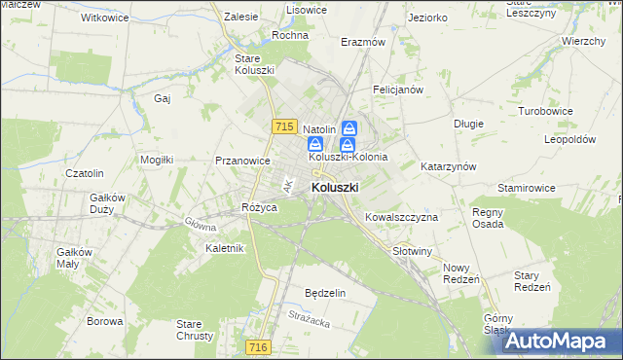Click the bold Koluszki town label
pyautogui.click(x=335, y=187)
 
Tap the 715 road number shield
pyautogui.click(x=284, y=126)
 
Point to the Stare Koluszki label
pyautogui.click(x=255, y=64)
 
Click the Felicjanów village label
pyautogui.click(x=398, y=90)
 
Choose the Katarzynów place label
pyautogui.click(x=448, y=166)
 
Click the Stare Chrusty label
pyautogui.click(x=195, y=330)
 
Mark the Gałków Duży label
pyautogui.click(x=108, y=203)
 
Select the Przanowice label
pyautogui.click(x=241, y=162)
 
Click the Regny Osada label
pyautogui.click(x=488, y=218)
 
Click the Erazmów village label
pyautogui.click(x=363, y=42)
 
